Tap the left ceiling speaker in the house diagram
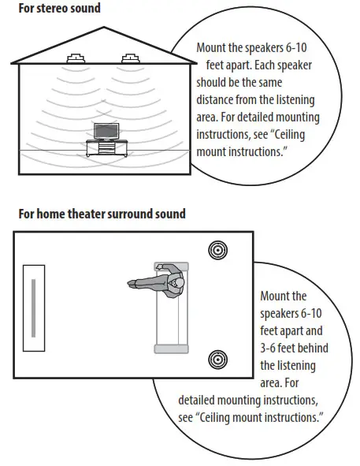[x=76, y=58]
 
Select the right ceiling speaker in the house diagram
[x=130, y=58]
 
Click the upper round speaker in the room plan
[x=217, y=251]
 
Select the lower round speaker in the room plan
[x=217, y=360]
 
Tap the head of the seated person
[x=180, y=282]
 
